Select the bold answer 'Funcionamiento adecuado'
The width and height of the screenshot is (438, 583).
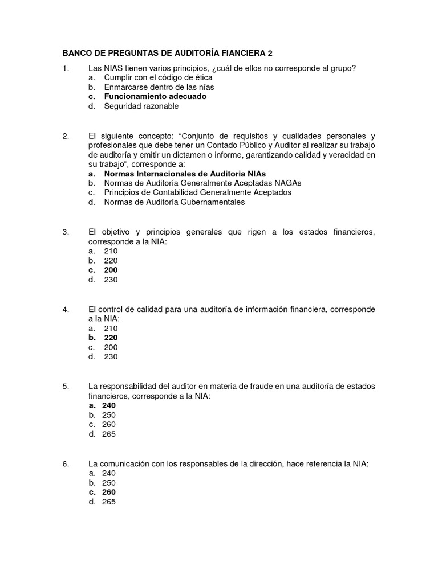[155, 97]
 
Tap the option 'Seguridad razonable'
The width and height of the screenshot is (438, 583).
[141, 106]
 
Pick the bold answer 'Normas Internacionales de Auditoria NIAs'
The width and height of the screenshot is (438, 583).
[185, 173]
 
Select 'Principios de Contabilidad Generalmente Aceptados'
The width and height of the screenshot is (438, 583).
[197, 192]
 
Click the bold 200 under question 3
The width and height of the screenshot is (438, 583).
[111, 270]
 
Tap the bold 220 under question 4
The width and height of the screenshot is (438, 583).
[111, 338]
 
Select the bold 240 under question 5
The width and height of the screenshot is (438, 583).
[108, 405]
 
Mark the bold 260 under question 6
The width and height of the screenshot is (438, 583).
[108, 492]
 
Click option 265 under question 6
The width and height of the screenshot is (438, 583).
[108, 502]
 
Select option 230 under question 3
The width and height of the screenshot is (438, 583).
[111, 280]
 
